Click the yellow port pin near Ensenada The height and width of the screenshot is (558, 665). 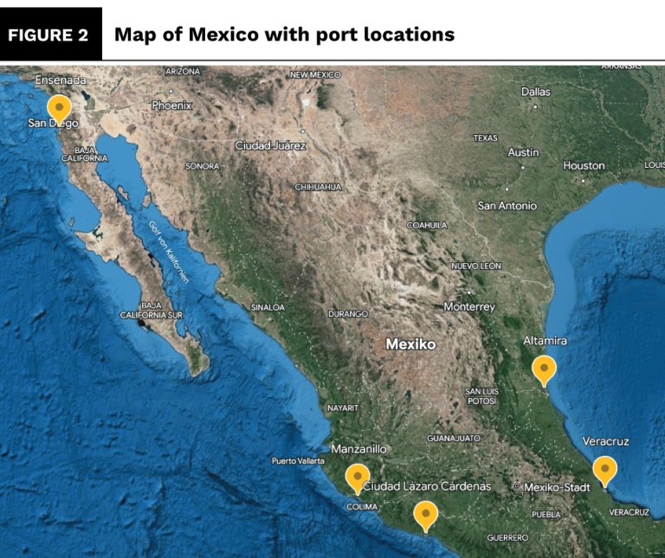(59, 109)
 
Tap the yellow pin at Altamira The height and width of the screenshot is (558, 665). (544, 369)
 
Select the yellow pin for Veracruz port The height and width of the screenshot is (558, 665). (604, 470)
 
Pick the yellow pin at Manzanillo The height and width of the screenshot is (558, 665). (357, 478)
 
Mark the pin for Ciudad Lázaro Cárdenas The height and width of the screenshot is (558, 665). (425, 515)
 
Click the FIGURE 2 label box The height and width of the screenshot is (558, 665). (52, 35)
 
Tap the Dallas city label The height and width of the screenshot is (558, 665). (535, 92)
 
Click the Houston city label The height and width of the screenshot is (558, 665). (584, 165)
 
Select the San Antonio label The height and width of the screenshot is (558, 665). (507, 206)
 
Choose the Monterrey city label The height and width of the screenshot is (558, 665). (469, 307)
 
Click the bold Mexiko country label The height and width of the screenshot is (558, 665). (410, 344)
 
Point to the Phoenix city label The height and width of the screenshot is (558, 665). (171, 105)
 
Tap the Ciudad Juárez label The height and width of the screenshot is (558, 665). (270, 145)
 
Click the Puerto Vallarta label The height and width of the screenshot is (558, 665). (298, 460)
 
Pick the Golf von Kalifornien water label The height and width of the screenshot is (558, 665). (169, 251)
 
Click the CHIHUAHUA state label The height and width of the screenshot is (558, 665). (320, 187)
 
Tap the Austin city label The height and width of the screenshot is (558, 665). (523, 152)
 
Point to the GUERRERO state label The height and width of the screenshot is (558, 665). (507, 537)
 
